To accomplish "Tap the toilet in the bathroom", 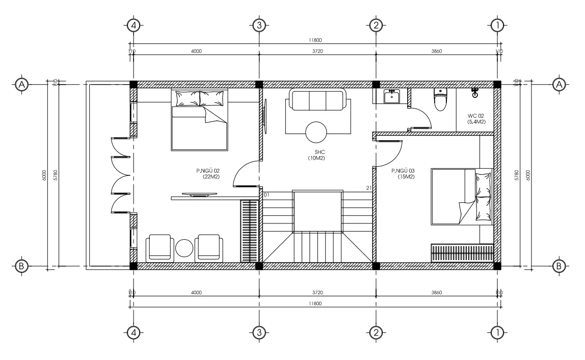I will [x=440, y=100].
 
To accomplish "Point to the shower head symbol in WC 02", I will [x=475, y=93].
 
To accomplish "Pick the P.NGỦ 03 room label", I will [x=403, y=171].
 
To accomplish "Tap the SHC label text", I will [x=320, y=152].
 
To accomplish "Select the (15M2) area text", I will [x=406, y=176].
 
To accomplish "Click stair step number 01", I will [x=266, y=194].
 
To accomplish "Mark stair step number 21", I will [x=368, y=189].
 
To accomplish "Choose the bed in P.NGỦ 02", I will [x=199, y=120].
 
